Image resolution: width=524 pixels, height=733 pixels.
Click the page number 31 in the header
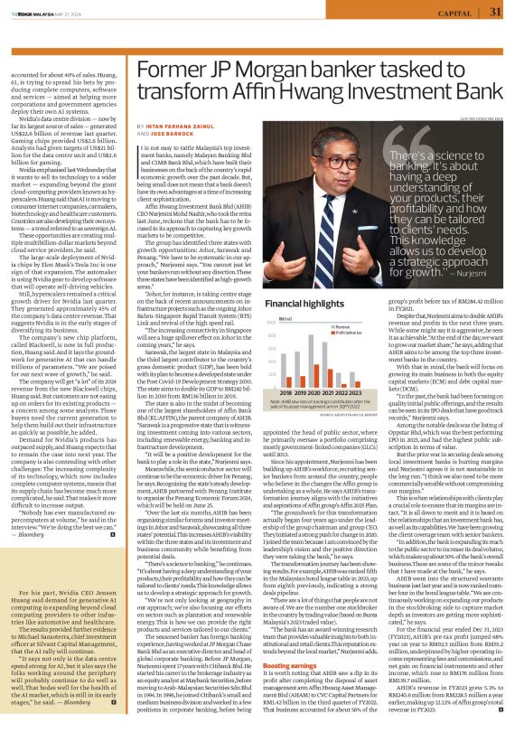(496, 12)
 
